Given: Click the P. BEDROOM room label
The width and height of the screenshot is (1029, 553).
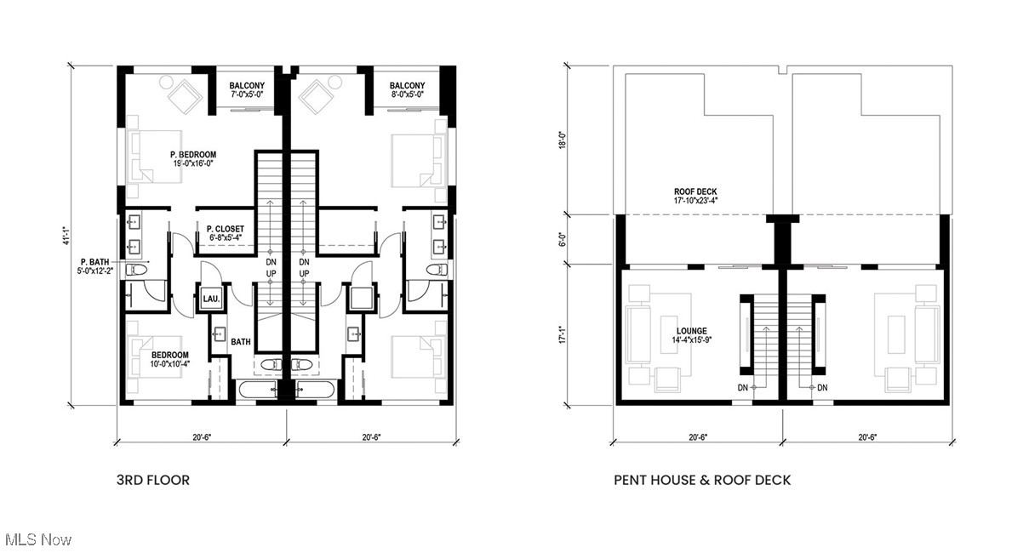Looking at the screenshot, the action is [x=193, y=155].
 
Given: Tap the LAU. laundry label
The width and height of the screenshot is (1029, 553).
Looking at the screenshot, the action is [x=211, y=299].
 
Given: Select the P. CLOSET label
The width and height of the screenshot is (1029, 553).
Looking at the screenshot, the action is [x=225, y=229].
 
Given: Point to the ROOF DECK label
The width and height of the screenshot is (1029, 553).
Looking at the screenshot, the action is [x=695, y=191].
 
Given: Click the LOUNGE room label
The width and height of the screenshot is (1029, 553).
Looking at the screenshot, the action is [x=692, y=331].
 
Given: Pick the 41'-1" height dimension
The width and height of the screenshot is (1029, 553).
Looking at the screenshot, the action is [x=66, y=236].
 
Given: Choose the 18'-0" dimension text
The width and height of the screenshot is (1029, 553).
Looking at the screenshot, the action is [x=563, y=140].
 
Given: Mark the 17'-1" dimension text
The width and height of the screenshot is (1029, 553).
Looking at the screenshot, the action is [x=563, y=334].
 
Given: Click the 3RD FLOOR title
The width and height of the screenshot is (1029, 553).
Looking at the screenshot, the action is [x=153, y=480].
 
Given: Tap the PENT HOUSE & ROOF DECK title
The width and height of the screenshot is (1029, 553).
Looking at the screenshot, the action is [x=702, y=480].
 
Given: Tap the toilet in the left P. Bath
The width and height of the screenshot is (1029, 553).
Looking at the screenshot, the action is [x=136, y=270].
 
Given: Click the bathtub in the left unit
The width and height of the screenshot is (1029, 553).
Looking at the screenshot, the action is [x=258, y=390].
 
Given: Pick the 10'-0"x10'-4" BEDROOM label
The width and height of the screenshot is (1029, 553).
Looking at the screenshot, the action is [x=170, y=359].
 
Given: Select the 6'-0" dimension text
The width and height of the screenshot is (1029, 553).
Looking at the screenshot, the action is [x=563, y=239].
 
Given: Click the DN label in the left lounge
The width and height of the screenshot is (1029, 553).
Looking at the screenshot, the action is [x=743, y=388].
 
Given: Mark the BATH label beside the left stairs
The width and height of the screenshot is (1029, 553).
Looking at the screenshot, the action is [x=241, y=342].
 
